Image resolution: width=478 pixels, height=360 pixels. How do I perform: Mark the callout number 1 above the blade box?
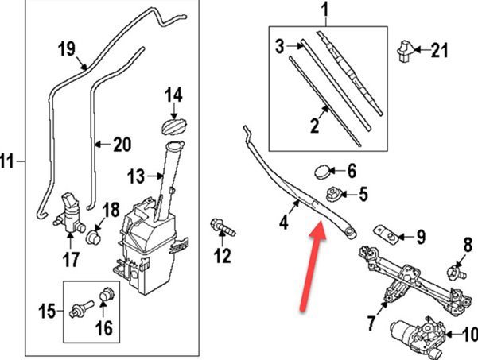324,11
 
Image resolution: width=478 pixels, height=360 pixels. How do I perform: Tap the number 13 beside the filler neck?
136,175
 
